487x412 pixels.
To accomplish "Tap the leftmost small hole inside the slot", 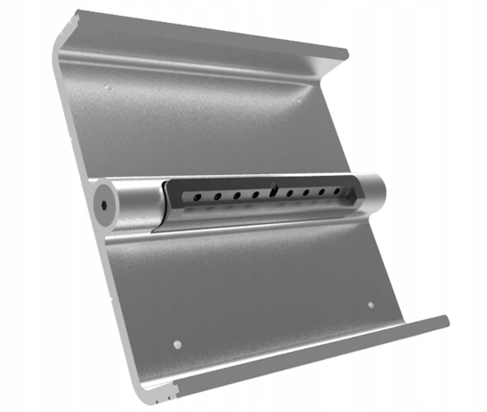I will click(197, 197).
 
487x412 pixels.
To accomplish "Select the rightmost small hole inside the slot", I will click(337, 191).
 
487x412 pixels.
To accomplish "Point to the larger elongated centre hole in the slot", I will click(274, 189).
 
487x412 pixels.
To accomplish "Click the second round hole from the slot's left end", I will click(218, 197).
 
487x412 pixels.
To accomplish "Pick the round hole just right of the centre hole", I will click(289, 194).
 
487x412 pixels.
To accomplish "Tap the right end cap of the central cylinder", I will click(375, 189).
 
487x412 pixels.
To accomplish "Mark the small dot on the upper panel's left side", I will click(108, 87).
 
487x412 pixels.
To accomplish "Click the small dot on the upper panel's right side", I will click(299, 100).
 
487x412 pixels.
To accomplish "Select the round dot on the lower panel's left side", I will click(177, 344).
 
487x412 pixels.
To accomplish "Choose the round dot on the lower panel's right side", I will click(371, 305).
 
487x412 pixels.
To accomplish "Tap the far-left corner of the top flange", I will click(77, 11).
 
